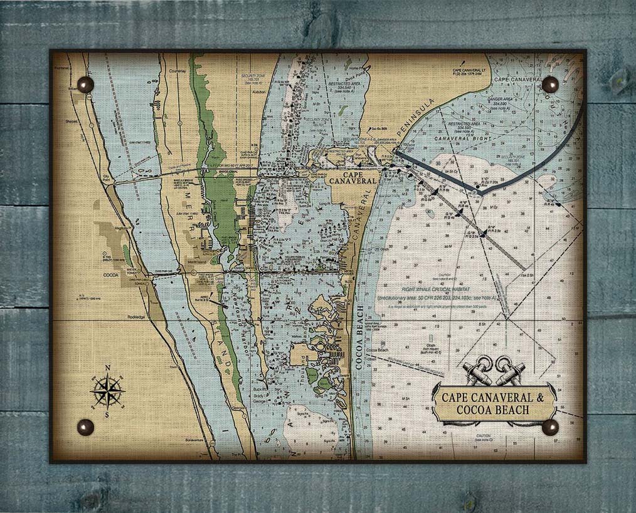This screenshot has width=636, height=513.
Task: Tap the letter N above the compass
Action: (x=107, y=368)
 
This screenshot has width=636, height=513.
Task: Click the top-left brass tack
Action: (x=85, y=85)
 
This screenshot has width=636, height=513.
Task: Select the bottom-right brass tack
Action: (x=549, y=427)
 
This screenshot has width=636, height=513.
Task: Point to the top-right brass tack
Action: (x=549, y=85)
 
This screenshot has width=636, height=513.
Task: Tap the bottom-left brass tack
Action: (x=85, y=427)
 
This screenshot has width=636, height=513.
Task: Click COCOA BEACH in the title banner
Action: (x=493, y=410)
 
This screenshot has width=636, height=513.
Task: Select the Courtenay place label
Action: (x=178, y=71)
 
